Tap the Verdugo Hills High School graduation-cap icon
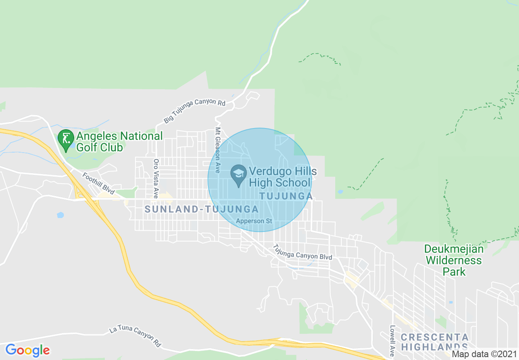238,175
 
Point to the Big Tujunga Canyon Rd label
195,110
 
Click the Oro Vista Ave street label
156,179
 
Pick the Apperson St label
254,221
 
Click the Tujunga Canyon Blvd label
302,252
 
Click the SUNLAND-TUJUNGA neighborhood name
202,209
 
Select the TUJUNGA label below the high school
286,196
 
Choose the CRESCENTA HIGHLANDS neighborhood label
434,342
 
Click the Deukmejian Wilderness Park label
454,260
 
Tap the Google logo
27,350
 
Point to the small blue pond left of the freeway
61,215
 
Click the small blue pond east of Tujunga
340,191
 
